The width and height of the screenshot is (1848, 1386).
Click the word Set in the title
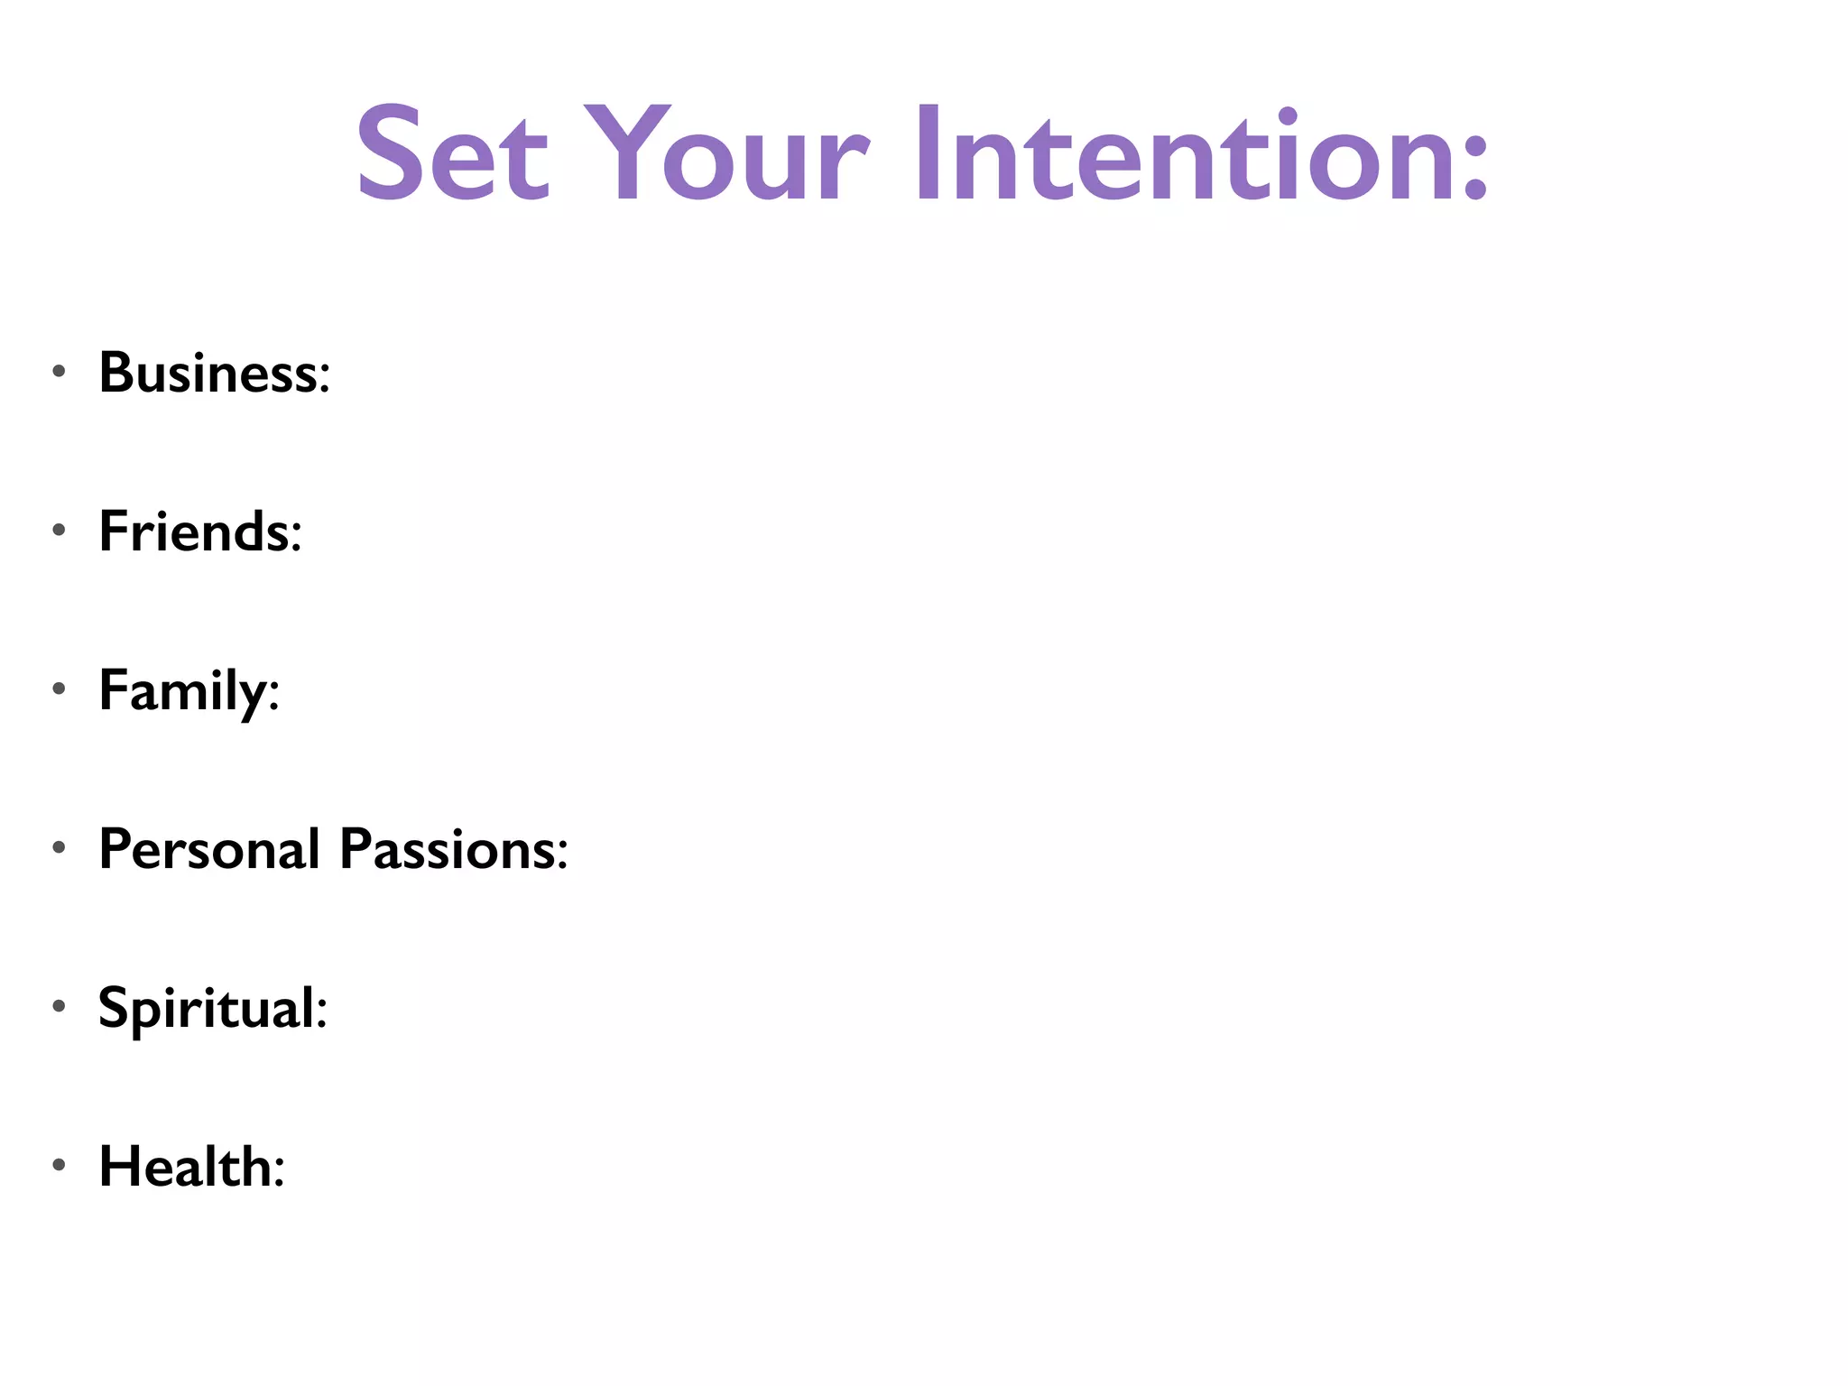[x=452, y=153]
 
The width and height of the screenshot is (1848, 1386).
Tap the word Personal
[x=209, y=849]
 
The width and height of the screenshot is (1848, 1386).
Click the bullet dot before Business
[x=60, y=371]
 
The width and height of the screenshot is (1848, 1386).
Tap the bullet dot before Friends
[x=60, y=530]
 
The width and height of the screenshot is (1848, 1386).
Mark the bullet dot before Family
[x=60, y=688]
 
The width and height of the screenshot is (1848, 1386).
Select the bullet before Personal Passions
[x=60, y=847]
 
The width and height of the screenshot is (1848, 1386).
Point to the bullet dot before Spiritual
[x=60, y=1005]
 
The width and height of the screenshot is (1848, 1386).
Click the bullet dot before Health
[x=60, y=1165]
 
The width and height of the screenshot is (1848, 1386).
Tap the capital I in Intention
[x=929, y=153]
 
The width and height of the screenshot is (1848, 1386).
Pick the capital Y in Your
[x=628, y=153]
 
